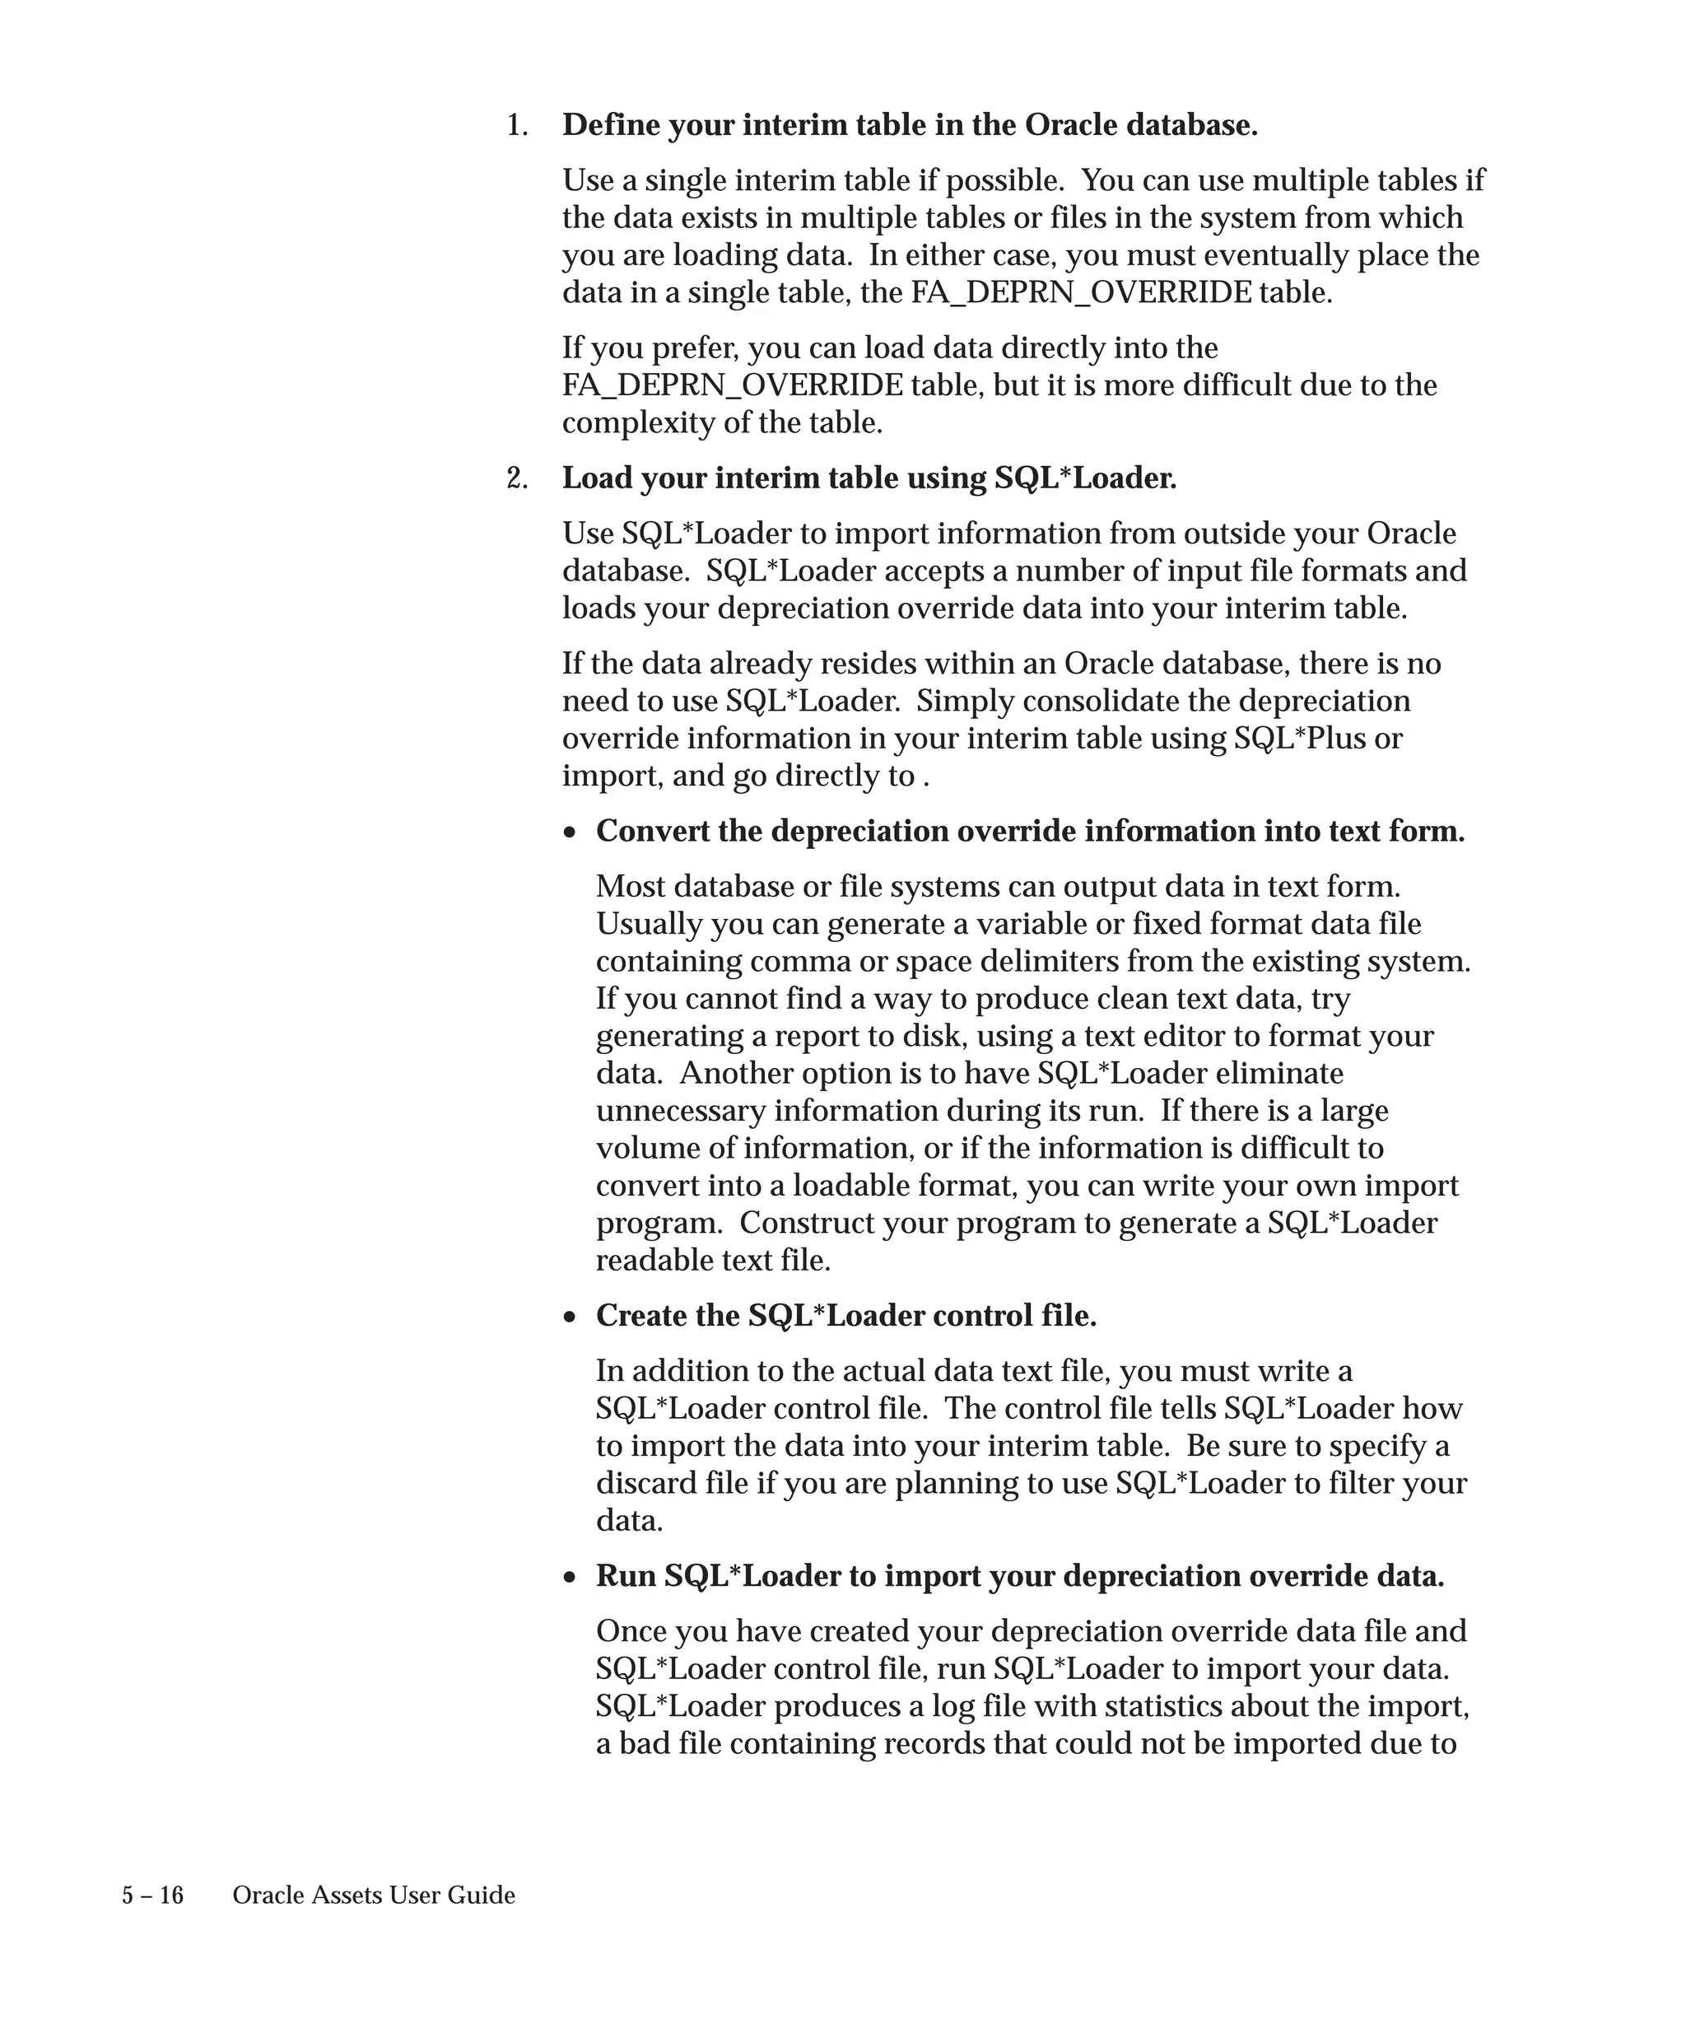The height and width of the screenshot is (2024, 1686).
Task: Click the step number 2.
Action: [516, 479]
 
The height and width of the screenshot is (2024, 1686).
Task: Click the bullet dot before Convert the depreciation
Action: [571, 832]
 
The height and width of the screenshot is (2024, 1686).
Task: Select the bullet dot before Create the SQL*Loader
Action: [571, 1317]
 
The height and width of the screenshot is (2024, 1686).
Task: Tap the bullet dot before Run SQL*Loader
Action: [571, 1577]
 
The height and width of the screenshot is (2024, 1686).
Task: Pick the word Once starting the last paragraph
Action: [631, 1632]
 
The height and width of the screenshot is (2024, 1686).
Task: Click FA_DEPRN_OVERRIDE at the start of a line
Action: [732, 385]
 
